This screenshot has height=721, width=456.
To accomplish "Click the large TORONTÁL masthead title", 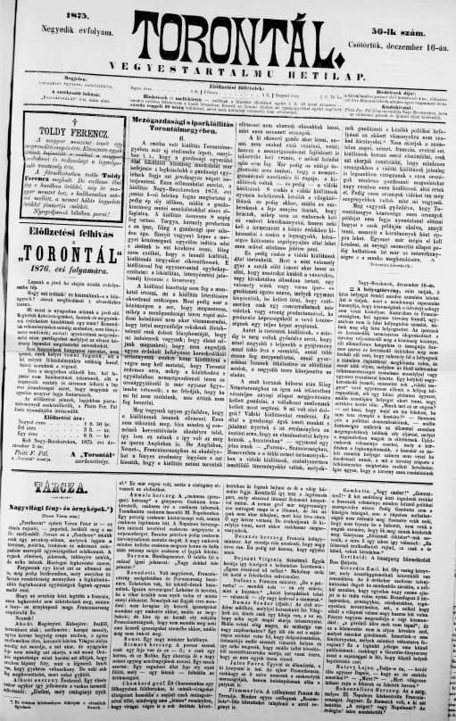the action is tap(228, 37).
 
